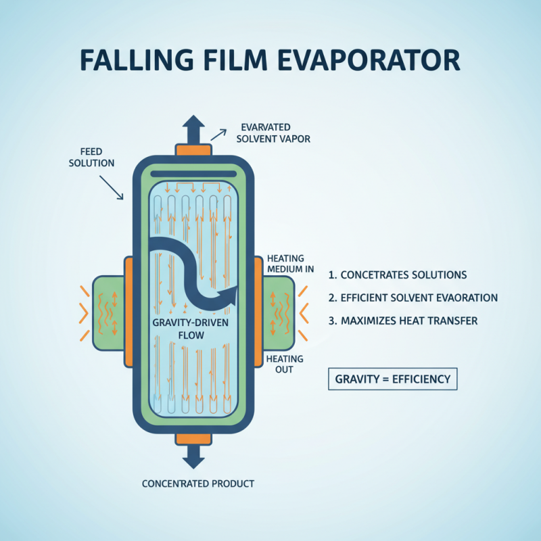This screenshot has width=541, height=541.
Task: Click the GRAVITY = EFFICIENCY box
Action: (x=393, y=379)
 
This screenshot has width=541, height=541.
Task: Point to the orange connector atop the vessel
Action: (x=193, y=149)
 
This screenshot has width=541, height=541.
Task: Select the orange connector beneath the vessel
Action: (x=193, y=438)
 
